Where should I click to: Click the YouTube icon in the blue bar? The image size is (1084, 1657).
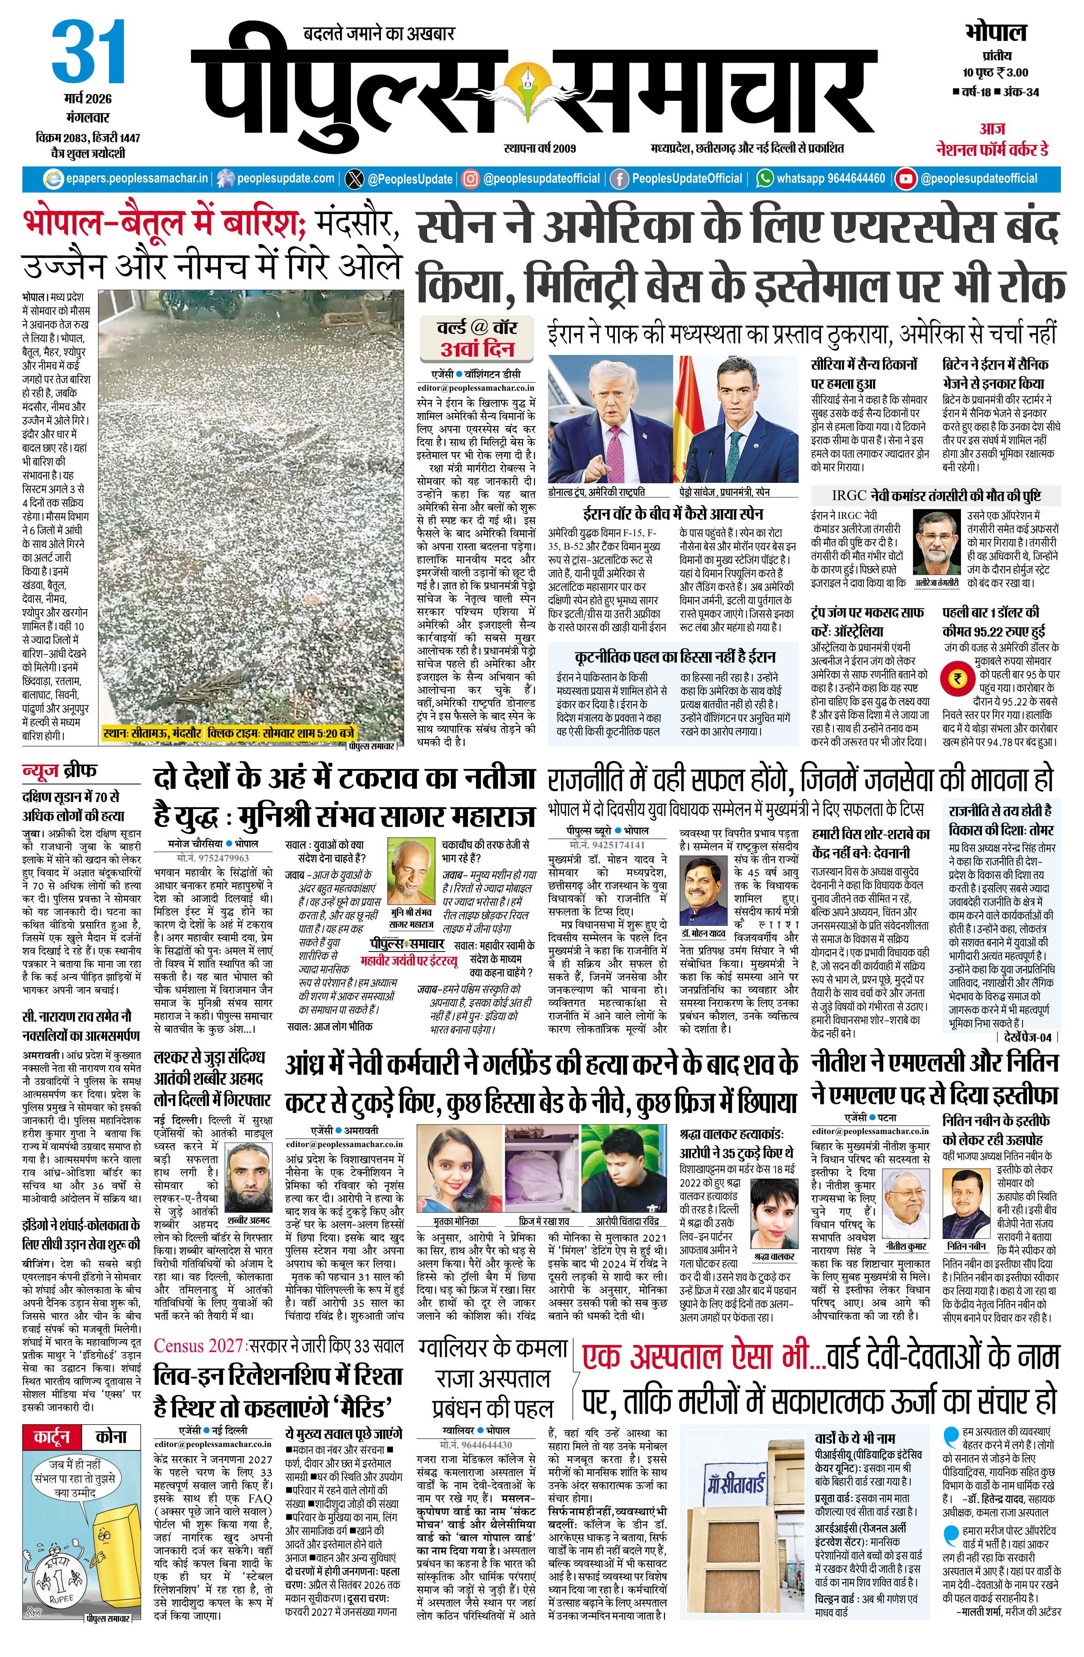tap(906, 179)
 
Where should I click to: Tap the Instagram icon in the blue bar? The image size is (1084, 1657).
tap(471, 179)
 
